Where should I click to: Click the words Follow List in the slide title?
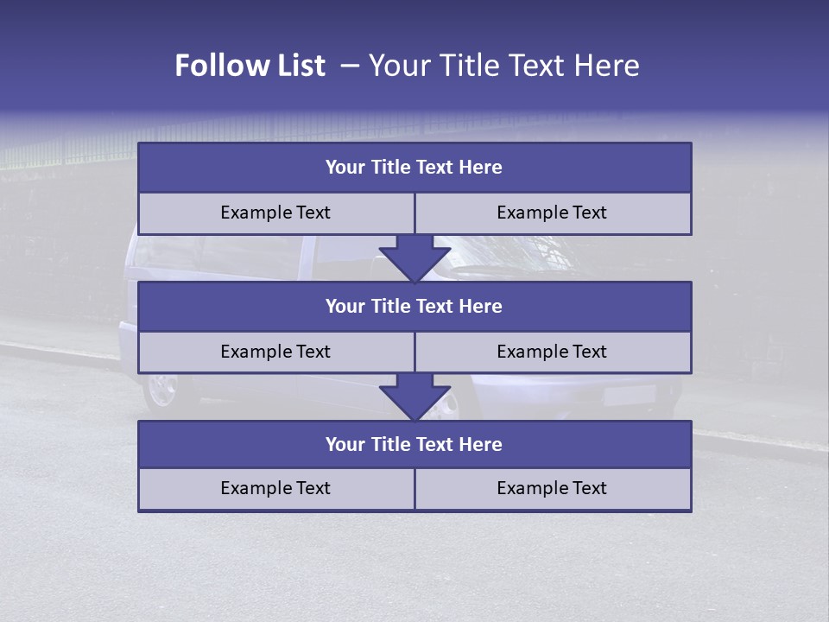point(250,66)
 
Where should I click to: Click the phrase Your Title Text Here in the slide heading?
point(503,66)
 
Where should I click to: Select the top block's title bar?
point(414,168)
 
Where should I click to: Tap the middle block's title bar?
point(414,307)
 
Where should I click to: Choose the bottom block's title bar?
point(414,445)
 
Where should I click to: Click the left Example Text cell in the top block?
point(276,213)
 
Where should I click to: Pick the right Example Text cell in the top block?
point(553,213)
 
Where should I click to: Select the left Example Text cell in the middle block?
point(276,352)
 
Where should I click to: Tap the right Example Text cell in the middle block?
point(553,352)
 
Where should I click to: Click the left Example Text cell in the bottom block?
point(276,489)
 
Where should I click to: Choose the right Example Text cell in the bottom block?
point(553,489)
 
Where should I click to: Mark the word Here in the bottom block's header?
point(481,445)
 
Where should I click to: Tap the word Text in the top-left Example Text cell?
point(313,213)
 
